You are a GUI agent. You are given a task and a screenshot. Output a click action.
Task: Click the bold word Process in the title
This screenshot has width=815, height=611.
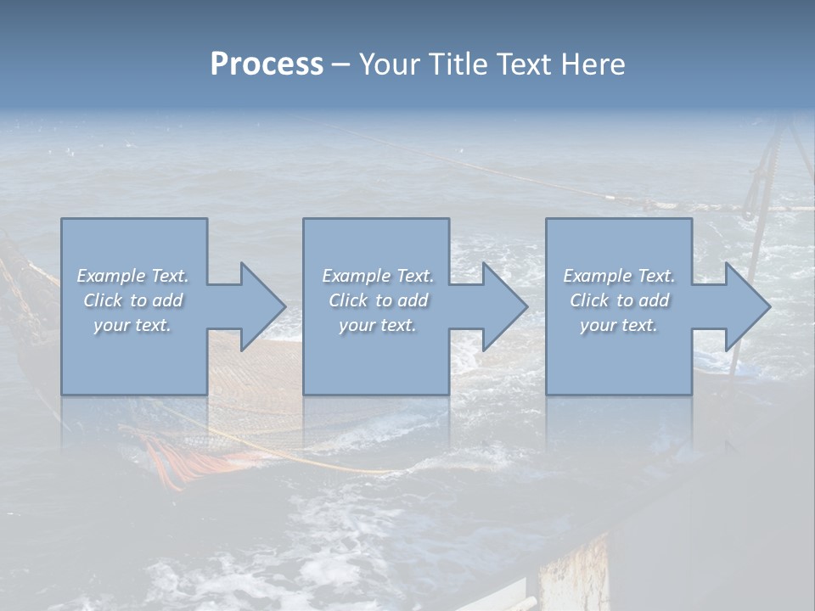click(x=267, y=64)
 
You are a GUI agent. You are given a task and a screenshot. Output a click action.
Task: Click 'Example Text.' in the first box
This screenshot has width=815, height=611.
click(x=132, y=276)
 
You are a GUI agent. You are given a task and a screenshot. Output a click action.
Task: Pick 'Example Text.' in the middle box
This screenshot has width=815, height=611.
click(x=377, y=276)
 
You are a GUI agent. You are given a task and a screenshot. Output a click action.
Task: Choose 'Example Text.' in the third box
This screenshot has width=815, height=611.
click(x=619, y=276)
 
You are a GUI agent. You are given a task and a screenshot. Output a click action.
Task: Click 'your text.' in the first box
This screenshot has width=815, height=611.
click(x=132, y=325)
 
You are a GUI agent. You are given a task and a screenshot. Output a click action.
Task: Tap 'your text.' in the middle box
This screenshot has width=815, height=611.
click(x=377, y=325)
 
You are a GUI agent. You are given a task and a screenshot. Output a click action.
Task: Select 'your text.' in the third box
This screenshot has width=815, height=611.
click(x=619, y=325)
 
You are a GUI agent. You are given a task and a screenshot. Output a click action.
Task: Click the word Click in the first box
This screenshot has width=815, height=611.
click(x=103, y=300)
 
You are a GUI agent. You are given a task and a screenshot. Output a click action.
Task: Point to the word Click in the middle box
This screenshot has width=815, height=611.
click(x=348, y=300)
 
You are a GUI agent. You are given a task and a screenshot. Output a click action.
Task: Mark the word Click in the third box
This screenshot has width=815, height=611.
click(x=589, y=300)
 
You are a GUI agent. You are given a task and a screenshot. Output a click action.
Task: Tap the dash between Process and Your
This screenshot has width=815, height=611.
click(x=340, y=64)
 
